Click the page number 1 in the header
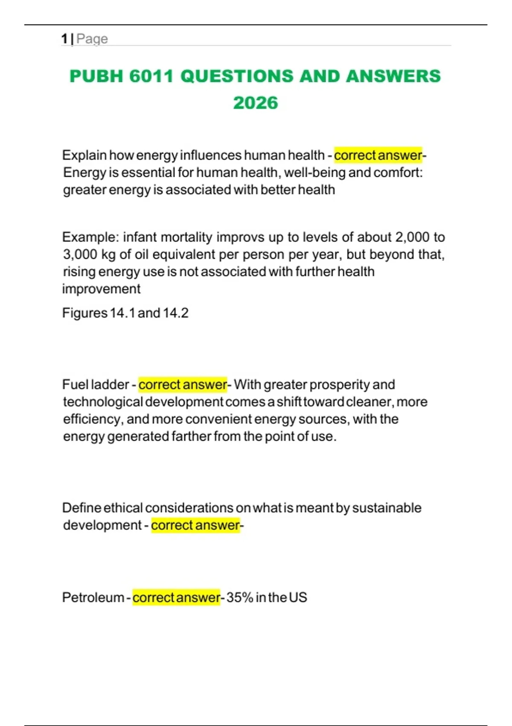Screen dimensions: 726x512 [x=64, y=39]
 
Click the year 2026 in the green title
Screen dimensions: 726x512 [x=256, y=103]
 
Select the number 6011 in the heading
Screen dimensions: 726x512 [x=151, y=76]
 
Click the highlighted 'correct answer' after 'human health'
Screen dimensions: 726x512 [x=378, y=155]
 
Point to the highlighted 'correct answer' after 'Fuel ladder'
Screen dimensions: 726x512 [x=183, y=384]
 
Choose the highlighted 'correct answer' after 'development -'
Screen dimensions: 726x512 [x=195, y=525]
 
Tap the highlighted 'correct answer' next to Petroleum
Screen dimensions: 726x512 [x=176, y=597]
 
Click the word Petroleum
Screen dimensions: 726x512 [x=93, y=597]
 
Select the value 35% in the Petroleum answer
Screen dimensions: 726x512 [x=240, y=597]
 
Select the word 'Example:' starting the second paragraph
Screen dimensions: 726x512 [x=89, y=237]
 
